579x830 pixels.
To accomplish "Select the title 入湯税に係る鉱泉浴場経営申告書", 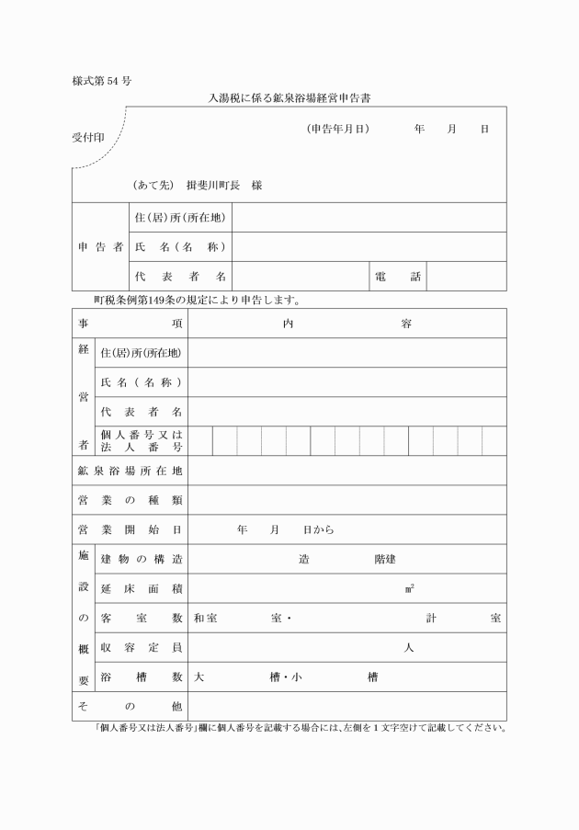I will pos(289,97).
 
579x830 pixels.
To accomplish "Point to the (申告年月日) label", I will pos(338,130).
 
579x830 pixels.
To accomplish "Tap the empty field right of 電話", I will pos(466,277).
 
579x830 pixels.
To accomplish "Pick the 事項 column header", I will pos(130,324).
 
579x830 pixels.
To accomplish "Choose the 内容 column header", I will pos(347,324).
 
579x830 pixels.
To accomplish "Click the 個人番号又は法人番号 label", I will pos(141,440).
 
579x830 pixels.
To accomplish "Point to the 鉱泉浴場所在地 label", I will pos(130,471).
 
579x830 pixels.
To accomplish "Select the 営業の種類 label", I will pos(130,500).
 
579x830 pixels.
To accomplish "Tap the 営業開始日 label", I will pos(130,529).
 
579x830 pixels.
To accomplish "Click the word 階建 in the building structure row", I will pos(385,559).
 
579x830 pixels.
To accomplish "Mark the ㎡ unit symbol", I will pos(409,588).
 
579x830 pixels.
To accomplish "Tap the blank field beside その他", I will pos(347,706).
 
